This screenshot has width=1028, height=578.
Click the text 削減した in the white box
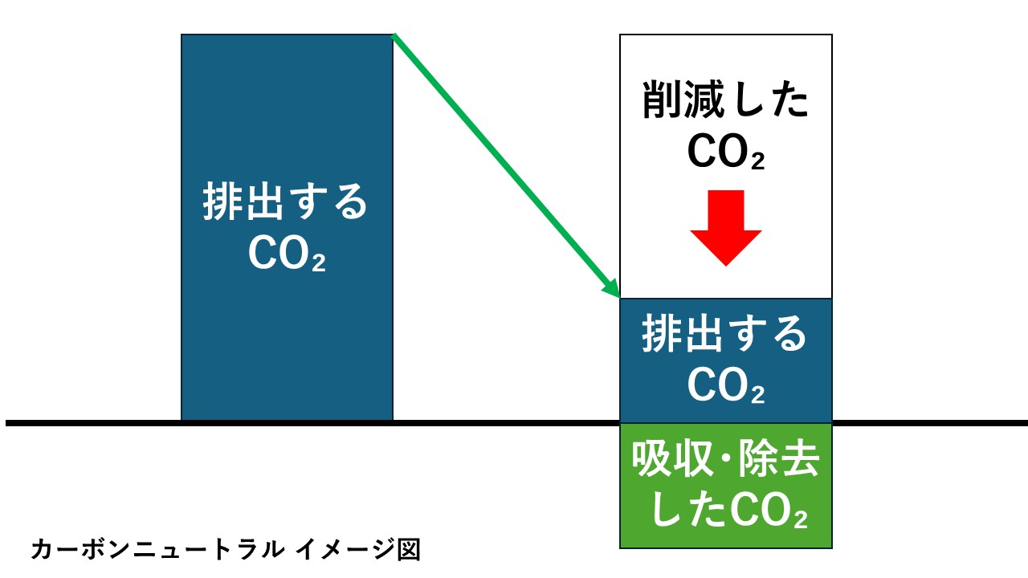click(x=725, y=104)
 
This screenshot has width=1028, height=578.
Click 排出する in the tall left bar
click(x=286, y=202)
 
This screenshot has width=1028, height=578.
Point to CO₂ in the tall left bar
click(x=287, y=255)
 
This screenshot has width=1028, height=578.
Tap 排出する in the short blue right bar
click(x=725, y=335)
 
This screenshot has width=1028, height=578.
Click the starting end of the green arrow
click(x=394, y=35)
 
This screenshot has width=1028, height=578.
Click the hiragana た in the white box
click(x=789, y=104)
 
